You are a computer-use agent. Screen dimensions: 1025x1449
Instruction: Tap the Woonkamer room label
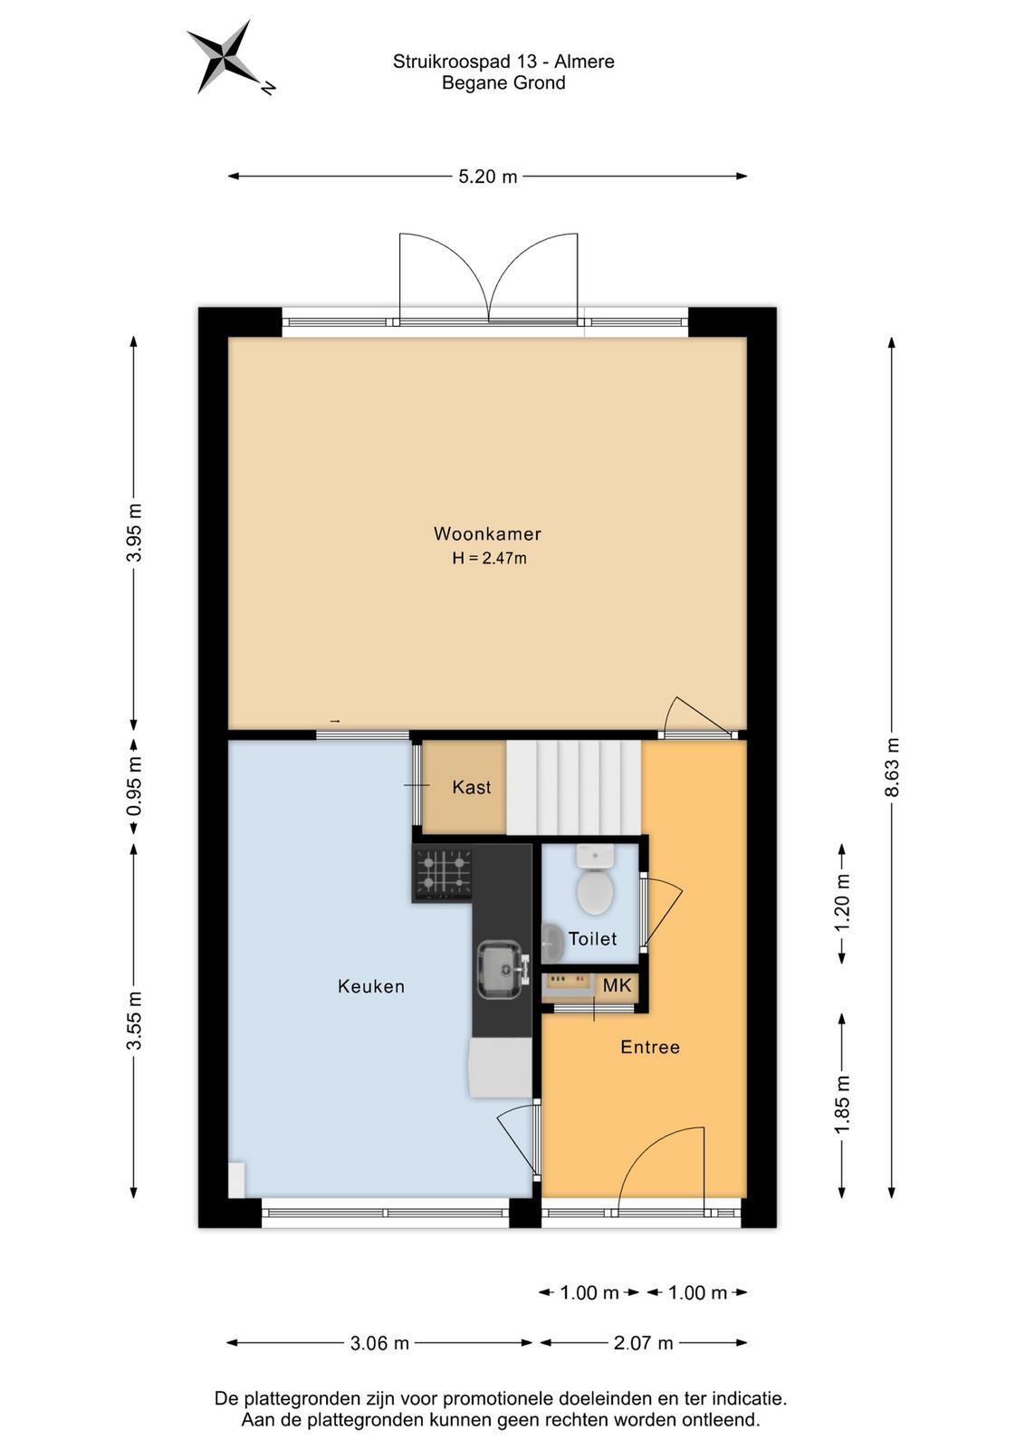coord(487,533)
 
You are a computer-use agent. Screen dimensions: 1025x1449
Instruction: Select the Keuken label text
coord(371,986)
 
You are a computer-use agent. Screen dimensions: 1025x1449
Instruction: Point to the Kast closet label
coord(472,787)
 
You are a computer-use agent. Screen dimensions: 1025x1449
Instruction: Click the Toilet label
coord(592,938)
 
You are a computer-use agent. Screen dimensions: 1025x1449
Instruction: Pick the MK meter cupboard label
coord(617,985)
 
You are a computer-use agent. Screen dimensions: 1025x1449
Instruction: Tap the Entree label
coord(650,1047)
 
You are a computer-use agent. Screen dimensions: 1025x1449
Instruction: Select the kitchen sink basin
coord(500,970)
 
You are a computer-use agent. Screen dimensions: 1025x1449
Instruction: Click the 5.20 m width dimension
coord(488,177)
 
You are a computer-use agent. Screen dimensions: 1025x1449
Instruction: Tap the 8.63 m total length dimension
coord(892,766)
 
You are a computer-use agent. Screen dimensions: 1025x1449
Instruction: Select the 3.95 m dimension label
coord(134,533)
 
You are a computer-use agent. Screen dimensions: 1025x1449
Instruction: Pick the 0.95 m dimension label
coord(134,787)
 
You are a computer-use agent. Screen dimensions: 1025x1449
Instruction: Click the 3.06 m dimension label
coord(379,1344)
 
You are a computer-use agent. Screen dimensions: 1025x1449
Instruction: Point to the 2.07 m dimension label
coord(644,1344)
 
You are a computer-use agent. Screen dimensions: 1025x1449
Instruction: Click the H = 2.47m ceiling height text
coord(489,558)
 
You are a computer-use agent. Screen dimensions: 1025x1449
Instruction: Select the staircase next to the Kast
coord(573,787)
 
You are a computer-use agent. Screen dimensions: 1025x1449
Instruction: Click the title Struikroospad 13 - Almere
coord(503,62)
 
